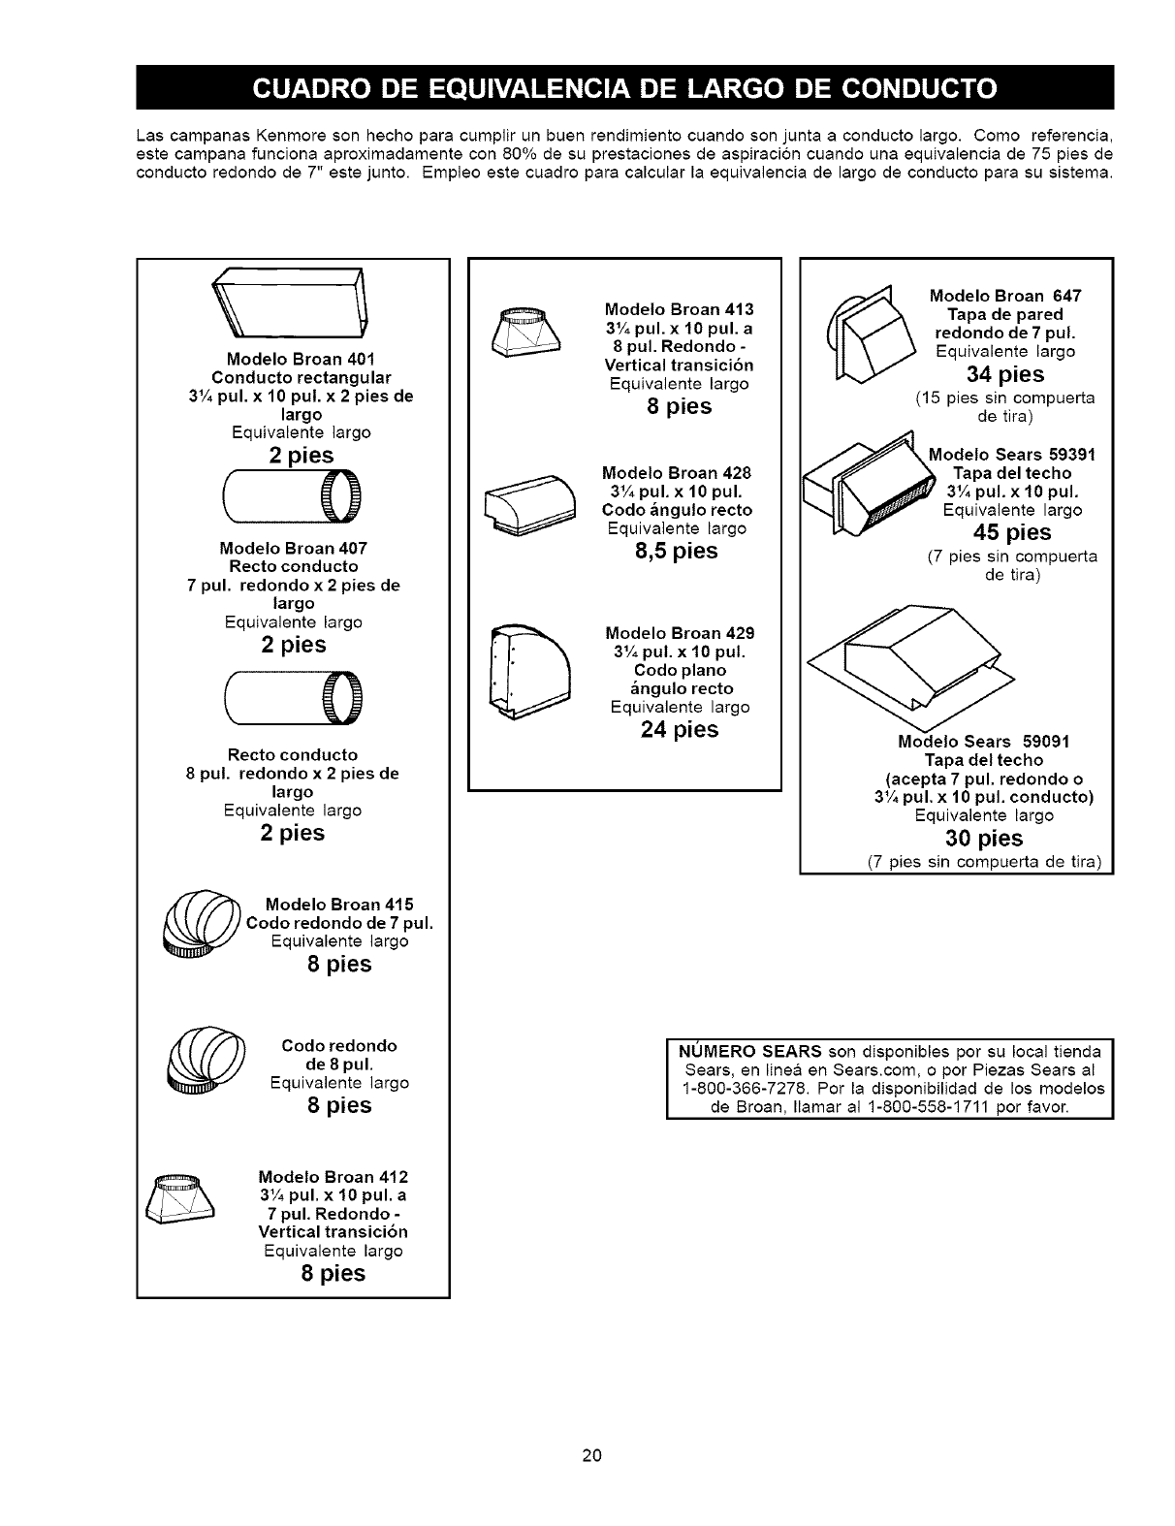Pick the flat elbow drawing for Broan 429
530,669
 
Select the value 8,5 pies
682,552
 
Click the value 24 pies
680,729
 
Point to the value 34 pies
1004,374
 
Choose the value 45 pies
1011,532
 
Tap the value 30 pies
984,838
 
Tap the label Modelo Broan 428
677,473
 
